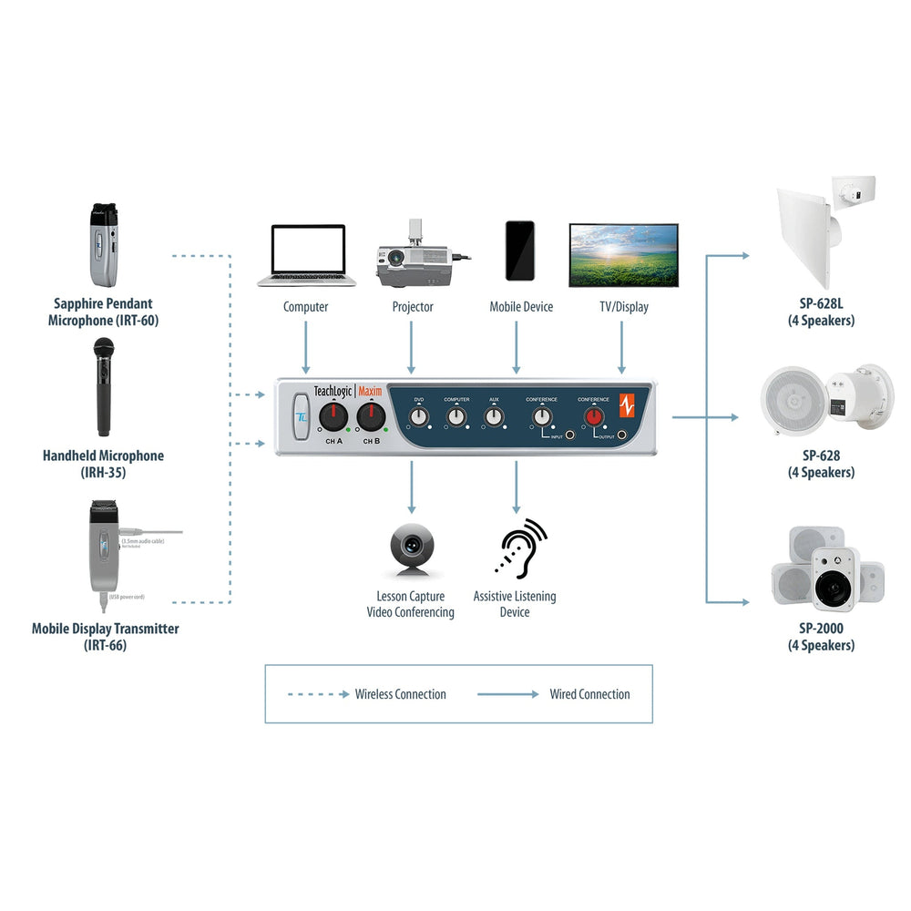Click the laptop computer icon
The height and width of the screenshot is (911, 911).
click(305, 256)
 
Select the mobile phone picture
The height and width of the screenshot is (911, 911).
click(520, 251)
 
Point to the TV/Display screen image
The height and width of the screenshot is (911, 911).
click(623, 255)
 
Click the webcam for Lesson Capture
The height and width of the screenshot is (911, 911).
click(411, 549)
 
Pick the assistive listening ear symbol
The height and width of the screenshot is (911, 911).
click(520, 549)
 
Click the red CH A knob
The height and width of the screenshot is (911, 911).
click(333, 417)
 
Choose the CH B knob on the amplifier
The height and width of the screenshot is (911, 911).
click(371, 417)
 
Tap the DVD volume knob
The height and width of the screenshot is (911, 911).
click(419, 417)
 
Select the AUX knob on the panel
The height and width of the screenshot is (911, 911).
click(494, 417)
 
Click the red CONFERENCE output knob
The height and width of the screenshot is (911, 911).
click(594, 417)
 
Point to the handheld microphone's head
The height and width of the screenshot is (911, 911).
click(102, 351)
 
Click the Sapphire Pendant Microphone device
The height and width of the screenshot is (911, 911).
click(104, 244)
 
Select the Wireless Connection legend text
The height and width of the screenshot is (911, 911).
click(400, 694)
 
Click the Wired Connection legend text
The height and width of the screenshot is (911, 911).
click(589, 694)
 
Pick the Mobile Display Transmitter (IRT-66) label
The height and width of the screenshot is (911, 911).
click(105, 637)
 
